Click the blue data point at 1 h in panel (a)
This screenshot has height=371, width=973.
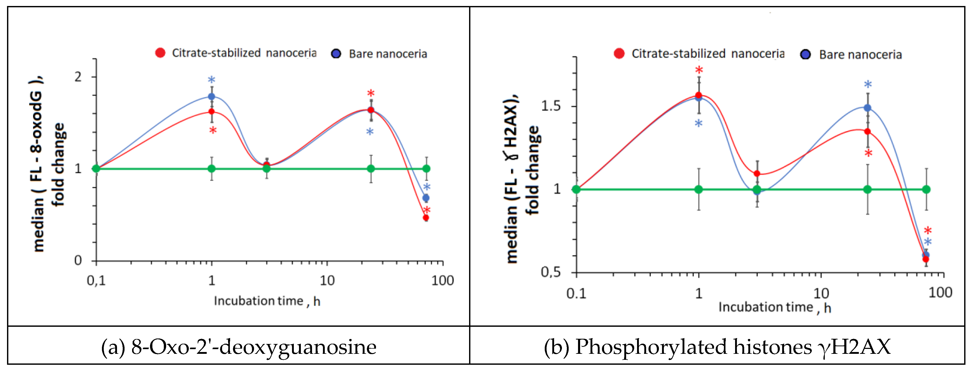pos(211,96)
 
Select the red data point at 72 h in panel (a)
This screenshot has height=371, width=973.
pos(426,218)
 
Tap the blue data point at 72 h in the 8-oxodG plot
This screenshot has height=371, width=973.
pos(426,197)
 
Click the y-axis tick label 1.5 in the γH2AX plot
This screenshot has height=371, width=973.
pos(551,106)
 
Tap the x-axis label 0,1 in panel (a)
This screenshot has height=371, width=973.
pos(96,280)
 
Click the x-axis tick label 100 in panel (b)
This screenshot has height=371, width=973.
pos(940,293)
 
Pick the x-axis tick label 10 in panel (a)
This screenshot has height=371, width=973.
pos(327,280)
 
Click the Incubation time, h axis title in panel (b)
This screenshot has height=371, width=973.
pos(775,308)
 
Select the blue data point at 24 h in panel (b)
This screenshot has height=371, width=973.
pos(868,108)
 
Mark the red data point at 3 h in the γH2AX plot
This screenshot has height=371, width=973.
pos(757,174)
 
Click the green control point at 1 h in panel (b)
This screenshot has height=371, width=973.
pos(699,189)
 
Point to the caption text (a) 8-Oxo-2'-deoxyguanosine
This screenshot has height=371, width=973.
pos(239,347)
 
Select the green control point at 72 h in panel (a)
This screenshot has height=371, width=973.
pos(426,169)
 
